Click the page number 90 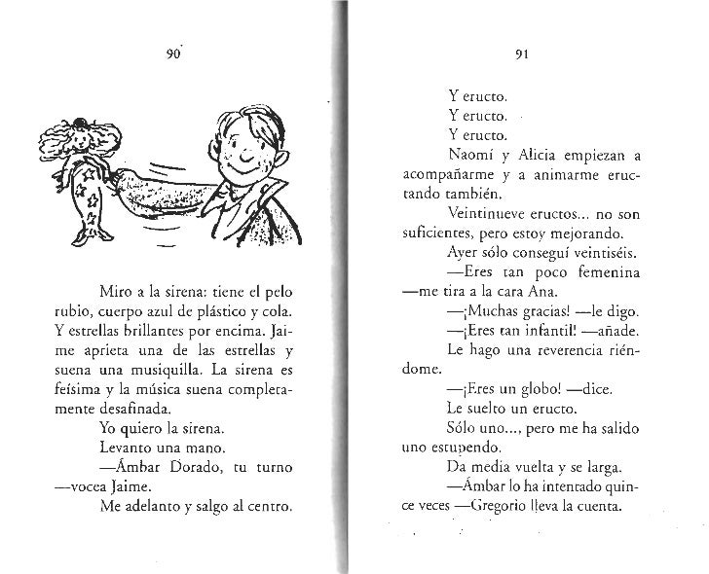click(x=175, y=55)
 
